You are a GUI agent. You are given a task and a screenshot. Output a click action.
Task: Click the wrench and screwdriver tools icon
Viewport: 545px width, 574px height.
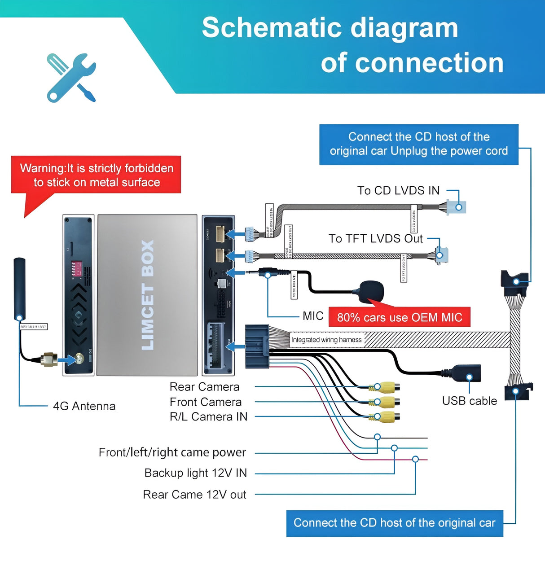(71, 77)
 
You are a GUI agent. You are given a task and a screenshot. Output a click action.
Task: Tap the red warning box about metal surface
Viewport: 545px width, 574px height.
(96, 175)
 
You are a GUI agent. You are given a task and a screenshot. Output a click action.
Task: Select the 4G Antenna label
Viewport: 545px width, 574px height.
(84, 406)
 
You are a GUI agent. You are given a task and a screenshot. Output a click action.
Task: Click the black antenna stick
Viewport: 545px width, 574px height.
(19, 287)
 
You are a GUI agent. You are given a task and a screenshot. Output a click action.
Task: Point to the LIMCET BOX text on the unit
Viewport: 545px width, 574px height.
(147, 295)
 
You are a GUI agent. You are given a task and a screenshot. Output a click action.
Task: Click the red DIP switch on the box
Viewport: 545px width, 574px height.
(77, 268)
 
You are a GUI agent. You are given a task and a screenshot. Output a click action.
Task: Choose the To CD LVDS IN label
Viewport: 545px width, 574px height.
(398, 191)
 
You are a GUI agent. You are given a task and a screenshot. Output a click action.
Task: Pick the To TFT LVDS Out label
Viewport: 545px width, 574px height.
(375, 239)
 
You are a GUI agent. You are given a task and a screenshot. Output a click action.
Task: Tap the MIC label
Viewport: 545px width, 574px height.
(313, 316)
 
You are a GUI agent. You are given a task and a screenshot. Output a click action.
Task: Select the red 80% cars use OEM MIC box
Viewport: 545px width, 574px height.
(400, 317)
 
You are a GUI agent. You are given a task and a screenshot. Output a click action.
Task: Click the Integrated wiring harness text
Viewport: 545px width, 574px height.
(326, 340)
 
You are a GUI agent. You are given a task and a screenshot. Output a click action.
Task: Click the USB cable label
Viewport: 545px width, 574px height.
(469, 401)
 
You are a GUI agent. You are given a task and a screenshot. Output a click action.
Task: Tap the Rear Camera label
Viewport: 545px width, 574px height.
(204, 387)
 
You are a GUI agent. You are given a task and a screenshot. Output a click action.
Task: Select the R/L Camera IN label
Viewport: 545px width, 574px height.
(208, 417)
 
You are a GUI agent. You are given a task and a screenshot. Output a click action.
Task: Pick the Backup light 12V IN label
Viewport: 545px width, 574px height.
(195, 473)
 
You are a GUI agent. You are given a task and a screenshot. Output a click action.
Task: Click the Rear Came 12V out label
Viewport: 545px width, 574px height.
(194, 495)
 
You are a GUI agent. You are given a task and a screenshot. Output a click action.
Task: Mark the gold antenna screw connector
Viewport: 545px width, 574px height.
(48, 359)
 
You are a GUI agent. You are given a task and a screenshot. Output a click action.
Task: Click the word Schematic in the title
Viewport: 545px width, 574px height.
(272, 28)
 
